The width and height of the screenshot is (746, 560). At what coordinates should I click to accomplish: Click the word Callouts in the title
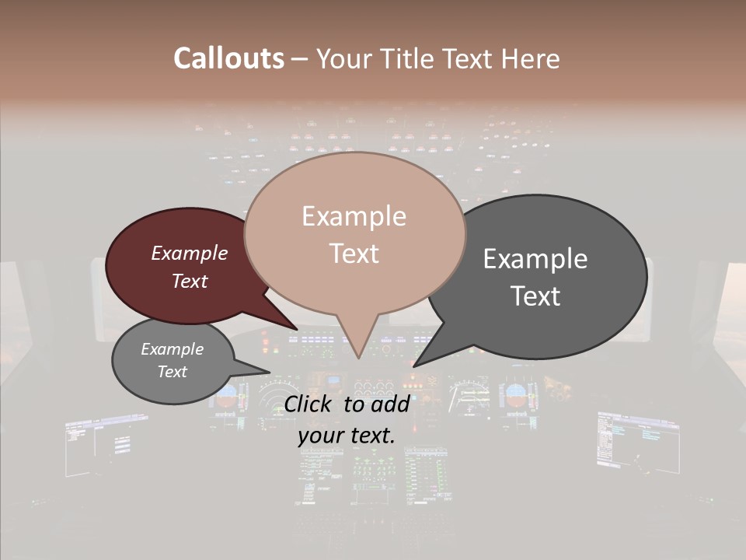pos(228,58)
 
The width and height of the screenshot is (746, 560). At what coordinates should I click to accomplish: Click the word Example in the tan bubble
pos(354,216)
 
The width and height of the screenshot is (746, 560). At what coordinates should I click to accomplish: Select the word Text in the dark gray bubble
pos(535,296)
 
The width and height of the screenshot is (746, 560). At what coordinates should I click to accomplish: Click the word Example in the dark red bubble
pos(190,254)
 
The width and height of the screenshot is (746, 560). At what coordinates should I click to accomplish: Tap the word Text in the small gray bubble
pos(173,372)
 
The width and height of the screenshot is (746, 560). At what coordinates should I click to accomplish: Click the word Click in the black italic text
pos(309,404)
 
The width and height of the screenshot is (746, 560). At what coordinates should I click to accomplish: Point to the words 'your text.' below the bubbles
pos(347,436)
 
